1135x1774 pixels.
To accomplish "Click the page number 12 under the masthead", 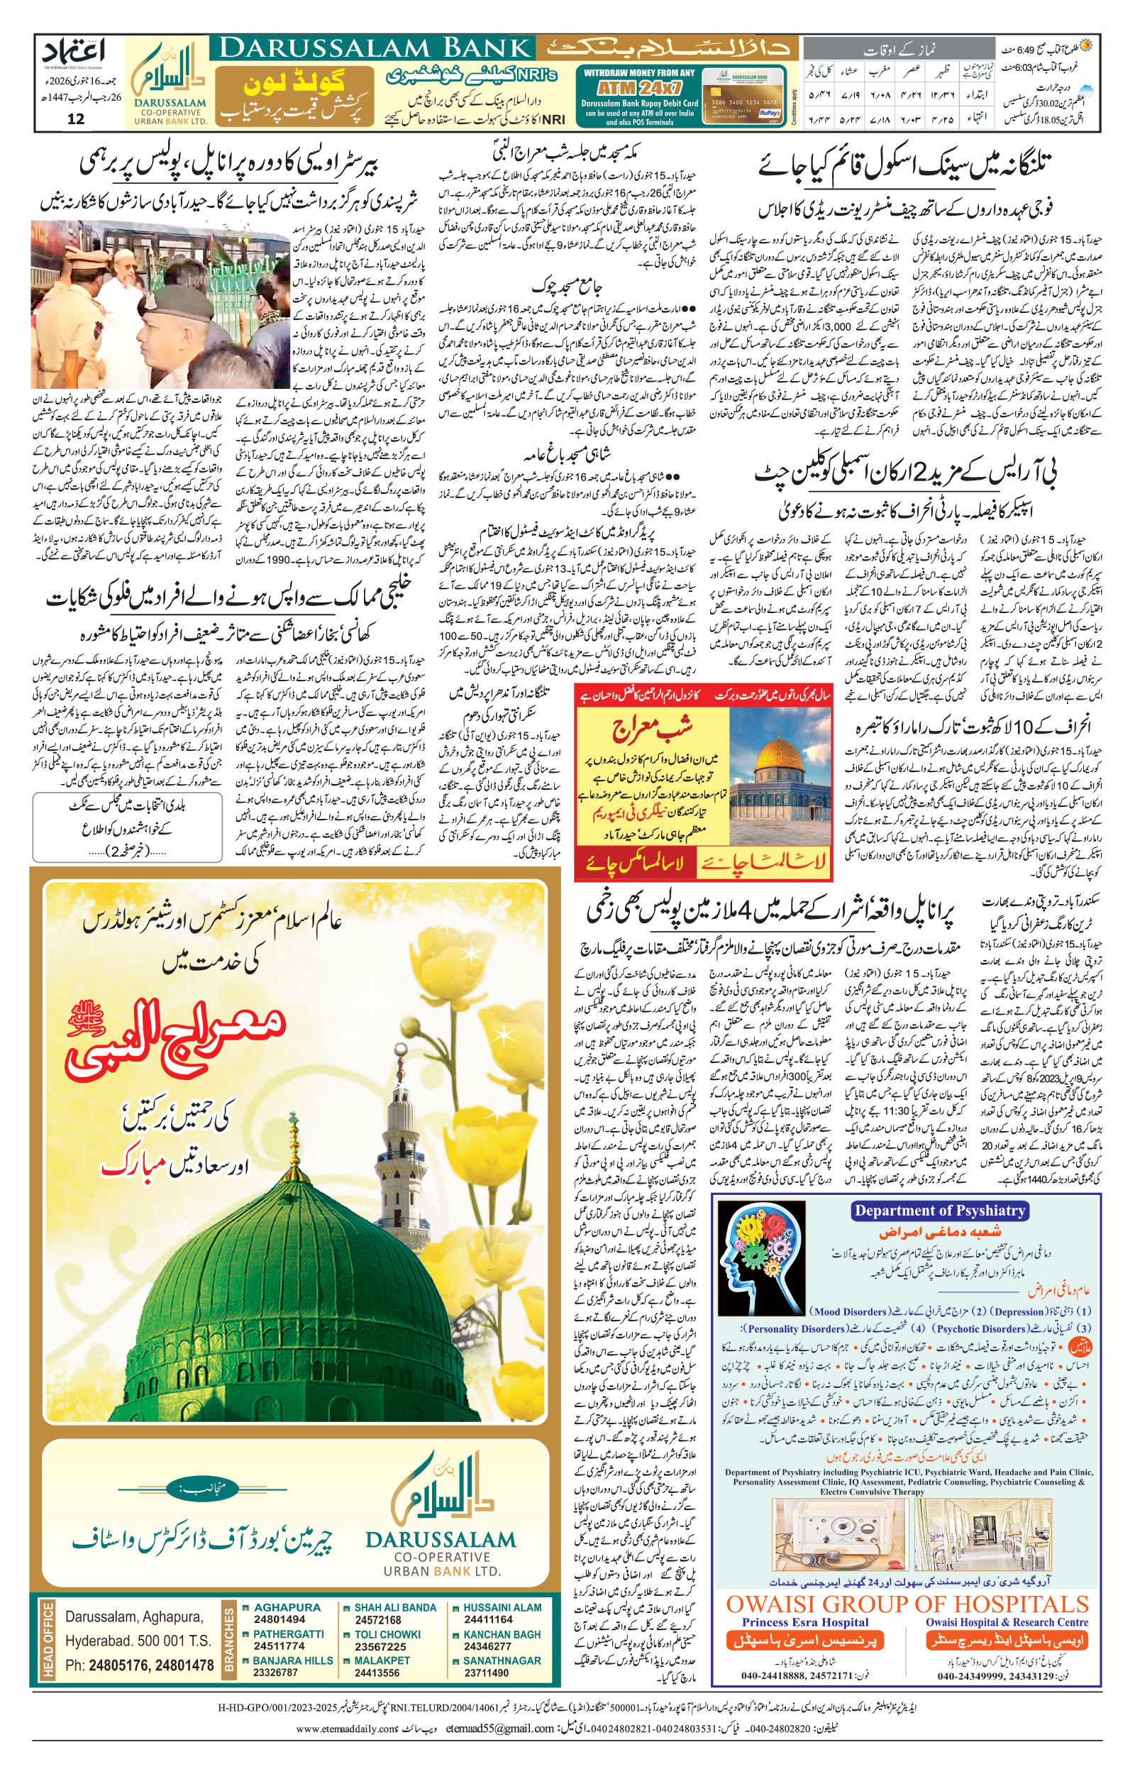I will tap(75, 119).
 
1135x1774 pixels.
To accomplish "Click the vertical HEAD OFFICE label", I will tap(49, 1640).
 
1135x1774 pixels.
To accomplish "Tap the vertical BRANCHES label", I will tap(228, 1640).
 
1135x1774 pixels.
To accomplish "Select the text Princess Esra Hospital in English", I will tap(805, 1622).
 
